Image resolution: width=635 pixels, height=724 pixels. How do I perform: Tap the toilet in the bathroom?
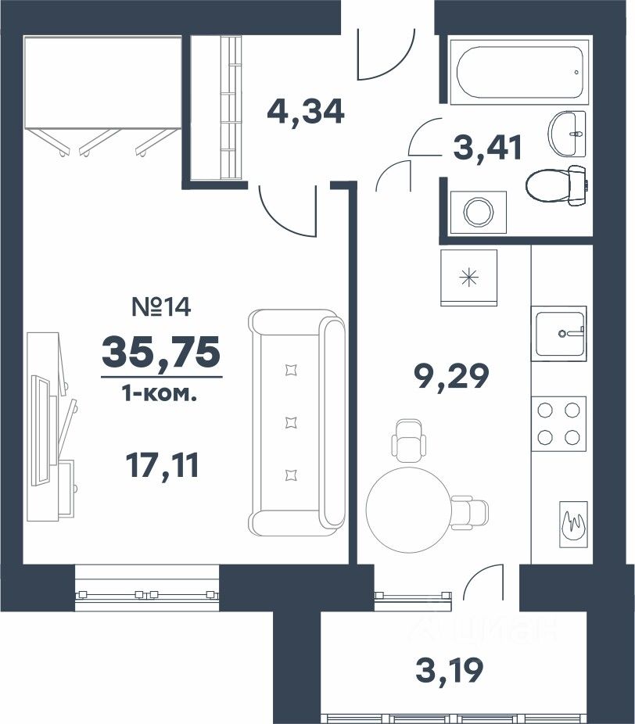557,185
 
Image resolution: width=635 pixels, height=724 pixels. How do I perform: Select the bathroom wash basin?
567,134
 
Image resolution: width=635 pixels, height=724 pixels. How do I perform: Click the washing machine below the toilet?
479,212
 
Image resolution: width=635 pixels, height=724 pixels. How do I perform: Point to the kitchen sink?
559,333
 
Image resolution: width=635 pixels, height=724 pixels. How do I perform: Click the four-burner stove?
559,424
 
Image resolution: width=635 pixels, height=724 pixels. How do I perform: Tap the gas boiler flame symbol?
573,525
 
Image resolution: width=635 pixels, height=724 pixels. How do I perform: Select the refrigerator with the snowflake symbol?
468,278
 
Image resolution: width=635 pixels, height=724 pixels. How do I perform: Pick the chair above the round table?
409,440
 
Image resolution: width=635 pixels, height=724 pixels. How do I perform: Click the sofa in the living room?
296,422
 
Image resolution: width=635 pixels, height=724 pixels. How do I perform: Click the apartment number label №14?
161,306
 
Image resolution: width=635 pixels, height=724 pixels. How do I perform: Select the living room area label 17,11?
162,464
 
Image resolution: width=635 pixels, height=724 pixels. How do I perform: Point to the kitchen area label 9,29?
451,376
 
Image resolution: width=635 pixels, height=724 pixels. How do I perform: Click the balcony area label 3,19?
450,670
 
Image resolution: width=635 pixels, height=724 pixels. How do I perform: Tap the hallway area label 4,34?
306,111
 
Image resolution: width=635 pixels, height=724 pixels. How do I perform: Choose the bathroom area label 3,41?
488,147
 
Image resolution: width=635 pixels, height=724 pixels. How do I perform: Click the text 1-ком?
160,395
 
